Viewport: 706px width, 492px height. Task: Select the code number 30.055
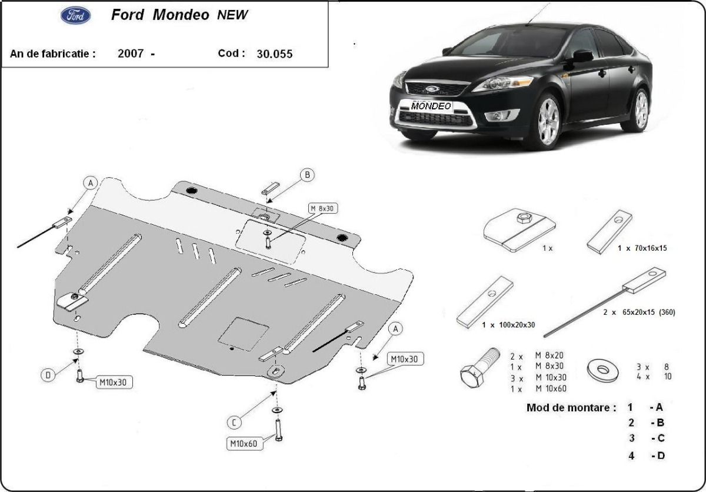275,54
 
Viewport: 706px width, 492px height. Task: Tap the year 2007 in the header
131,53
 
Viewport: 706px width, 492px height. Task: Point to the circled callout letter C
235,421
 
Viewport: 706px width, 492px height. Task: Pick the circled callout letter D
48,374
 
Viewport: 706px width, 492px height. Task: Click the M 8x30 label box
324,208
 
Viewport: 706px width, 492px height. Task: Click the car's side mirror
582,56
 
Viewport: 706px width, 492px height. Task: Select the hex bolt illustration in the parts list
478,367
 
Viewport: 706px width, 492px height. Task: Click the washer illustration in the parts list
603,370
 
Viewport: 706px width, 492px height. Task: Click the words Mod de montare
571,407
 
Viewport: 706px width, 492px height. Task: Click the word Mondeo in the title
181,15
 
